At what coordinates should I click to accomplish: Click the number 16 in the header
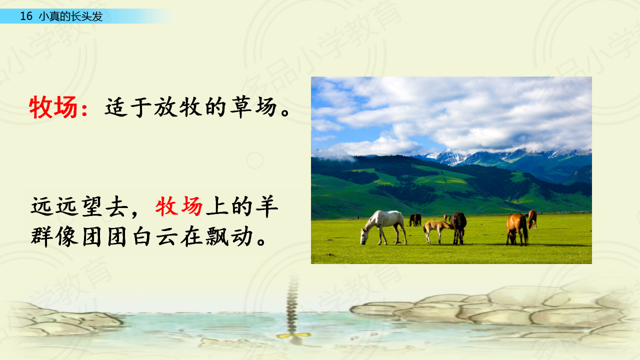pyautogui.click(x=26, y=16)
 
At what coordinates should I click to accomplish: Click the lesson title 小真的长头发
pyautogui.click(x=70, y=16)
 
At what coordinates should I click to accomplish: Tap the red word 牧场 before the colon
pyautogui.click(x=53, y=107)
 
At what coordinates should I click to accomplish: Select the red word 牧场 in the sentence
pyautogui.click(x=179, y=206)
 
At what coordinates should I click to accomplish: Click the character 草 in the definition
pyautogui.click(x=240, y=107)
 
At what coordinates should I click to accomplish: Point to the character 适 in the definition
pyautogui.click(x=116, y=107)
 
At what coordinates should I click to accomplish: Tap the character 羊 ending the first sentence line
pyautogui.click(x=267, y=206)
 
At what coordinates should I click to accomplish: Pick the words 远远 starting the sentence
pyautogui.click(x=54, y=206)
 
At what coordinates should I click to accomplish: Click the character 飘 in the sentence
pyautogui.click(x=217, y=236)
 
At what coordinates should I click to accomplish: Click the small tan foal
pyautogui.click(x=436, y=231)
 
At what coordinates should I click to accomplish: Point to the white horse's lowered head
pyautogui.click(x=364, y=236)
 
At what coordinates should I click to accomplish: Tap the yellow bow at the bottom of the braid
pyautogui.click(x=293, y=335)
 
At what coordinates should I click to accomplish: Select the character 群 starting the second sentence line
pyautogui.click(x=41, y=236)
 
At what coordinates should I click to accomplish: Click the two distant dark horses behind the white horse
pyautogui.click(x=415, y=219)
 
